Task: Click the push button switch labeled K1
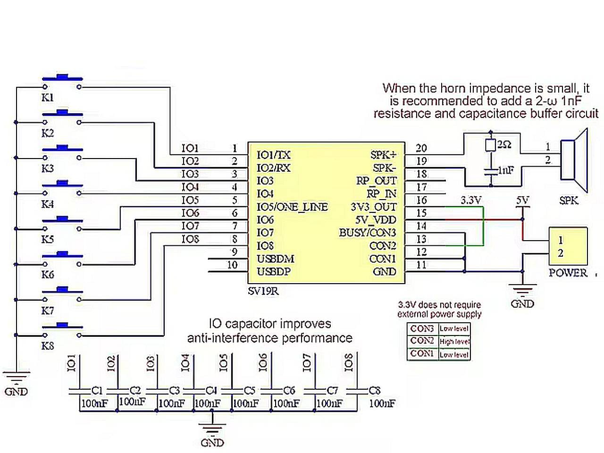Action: tap(62, 81)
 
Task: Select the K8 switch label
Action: tap(48, 346)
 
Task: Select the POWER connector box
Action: tap(568, 246)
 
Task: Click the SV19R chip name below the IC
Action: tap(263, 291)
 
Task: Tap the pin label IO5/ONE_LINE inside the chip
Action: tap(292, 207)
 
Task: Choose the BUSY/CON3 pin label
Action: tap(368, 233)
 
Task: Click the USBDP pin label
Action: tap(274, 272)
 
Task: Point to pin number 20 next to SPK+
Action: tap(421, 148)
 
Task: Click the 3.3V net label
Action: tap(470, 200)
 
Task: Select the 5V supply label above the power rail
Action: tap(522, 200)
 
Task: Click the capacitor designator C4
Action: tap(211, 391)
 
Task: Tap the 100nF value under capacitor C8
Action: tap(382, 403)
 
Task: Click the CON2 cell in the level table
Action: tap(422, 341)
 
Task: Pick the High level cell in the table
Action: tap(454, 341)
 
